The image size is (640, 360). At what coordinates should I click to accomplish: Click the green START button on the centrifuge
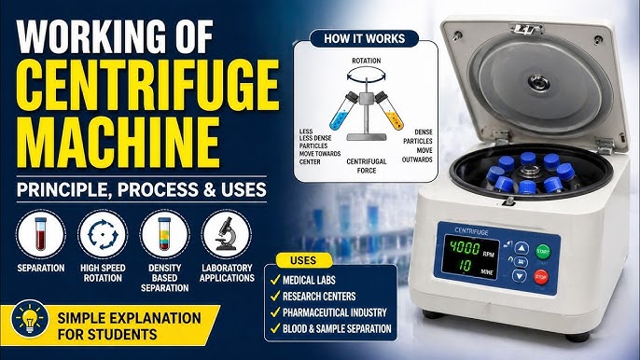click(542, 252)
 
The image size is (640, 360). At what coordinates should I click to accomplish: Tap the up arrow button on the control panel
click(522, 248)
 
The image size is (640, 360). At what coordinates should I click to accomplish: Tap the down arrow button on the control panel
click(519, 276)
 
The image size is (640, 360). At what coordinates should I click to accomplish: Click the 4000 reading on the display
click(465, 247)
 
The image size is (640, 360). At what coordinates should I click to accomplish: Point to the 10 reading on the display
click(465, 265)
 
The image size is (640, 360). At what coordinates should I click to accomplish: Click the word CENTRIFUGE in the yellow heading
click(147, 87)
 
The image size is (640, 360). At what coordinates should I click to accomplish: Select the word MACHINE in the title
click(118, 143)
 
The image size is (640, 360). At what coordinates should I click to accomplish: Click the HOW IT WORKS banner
click(364, 39)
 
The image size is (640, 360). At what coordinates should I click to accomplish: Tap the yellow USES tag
click(303, 260)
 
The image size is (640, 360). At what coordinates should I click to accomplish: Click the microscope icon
click(227, 234)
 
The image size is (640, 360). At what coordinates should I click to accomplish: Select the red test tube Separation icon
click(41, 234)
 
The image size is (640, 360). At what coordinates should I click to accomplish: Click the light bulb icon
click(30, 319)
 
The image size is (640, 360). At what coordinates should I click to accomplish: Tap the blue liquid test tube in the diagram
click(343, 111)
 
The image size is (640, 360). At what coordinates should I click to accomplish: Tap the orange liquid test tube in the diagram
click(389, 110)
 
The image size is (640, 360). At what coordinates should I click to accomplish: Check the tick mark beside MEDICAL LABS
click(275, 280)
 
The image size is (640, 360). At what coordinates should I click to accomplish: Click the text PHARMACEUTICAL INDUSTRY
click(335, 312)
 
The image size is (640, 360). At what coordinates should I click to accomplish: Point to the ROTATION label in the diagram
click(366, 61)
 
